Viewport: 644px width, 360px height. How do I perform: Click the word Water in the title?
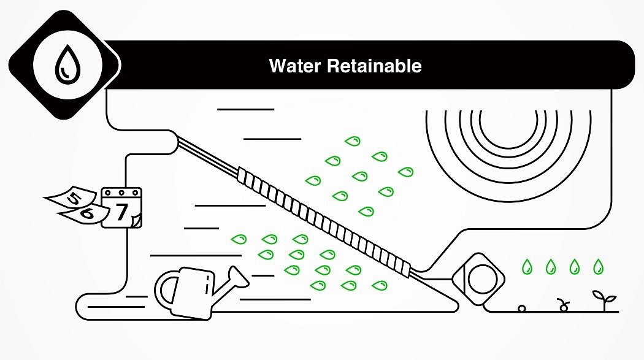[295, 66]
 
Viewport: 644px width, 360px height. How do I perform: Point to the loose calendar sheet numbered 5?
[72, 198]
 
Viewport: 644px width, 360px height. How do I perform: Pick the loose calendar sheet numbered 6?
[86, 214]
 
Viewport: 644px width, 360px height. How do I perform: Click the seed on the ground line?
[522, 308]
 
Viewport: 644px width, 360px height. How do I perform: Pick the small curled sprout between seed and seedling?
[562, 305]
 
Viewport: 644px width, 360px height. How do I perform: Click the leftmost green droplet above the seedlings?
[526, 267]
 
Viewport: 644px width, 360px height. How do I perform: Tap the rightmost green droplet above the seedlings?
[597, 267]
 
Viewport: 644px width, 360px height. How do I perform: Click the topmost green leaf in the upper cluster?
[352, 141]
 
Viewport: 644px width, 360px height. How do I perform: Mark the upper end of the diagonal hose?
[181, 143]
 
